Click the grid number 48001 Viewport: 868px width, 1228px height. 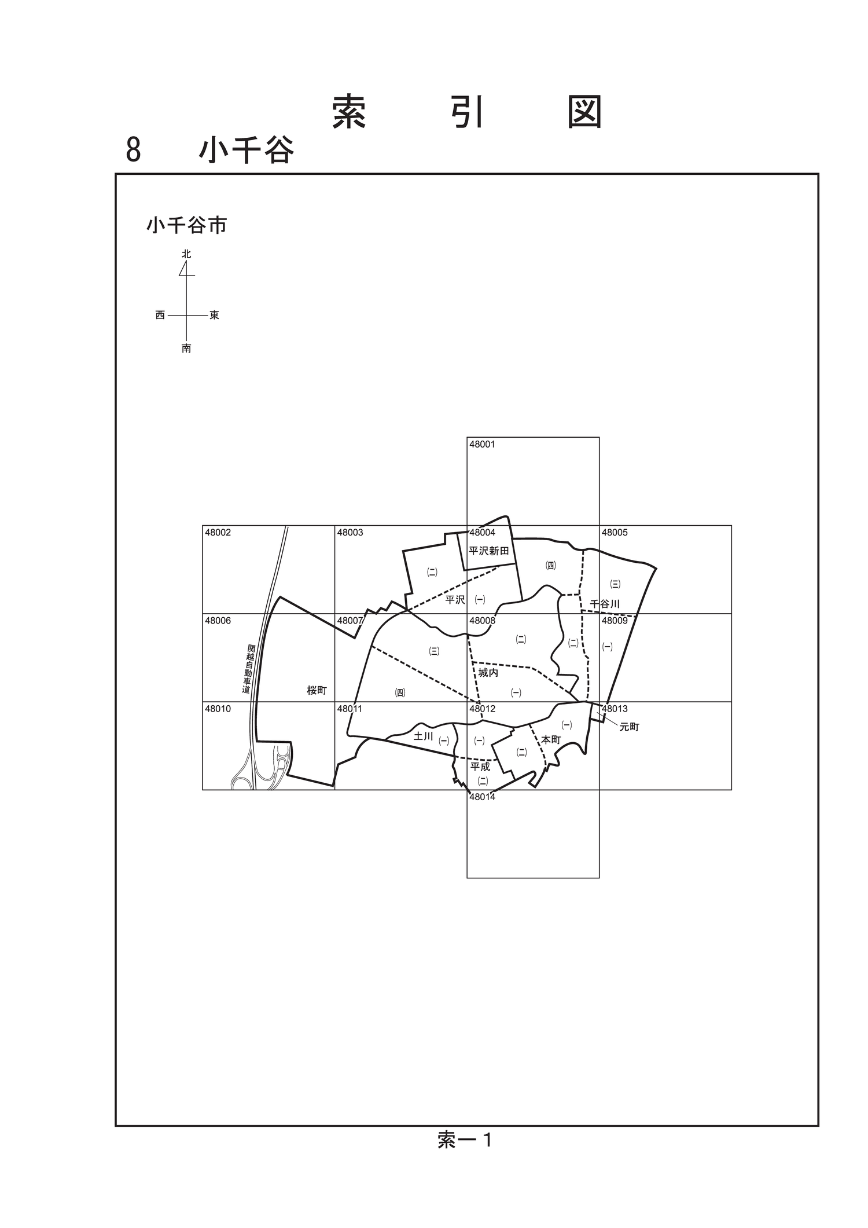pos(482,445)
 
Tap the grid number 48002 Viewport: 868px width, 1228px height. pos(218,533)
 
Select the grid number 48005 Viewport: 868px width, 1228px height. pos(615,533)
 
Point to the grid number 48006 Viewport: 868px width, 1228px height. pos(218,621)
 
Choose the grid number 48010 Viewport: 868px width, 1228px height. pos(218,709)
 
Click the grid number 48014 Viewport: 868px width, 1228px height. pos(482,797)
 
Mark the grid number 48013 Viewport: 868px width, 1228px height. pos(615,709)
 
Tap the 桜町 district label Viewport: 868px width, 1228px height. pos(317,690)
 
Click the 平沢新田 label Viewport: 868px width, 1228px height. pos(489,551)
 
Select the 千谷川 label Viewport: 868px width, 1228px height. pos(605,604)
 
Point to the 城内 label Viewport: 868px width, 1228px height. pos(488,673)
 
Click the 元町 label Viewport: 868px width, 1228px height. pos(630,727)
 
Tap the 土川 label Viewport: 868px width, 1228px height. pos(424,736)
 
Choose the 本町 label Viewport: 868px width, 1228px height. pos(551,739)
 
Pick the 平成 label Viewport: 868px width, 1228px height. pos(480,767)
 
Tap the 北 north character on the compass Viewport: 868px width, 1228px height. pos(186,254)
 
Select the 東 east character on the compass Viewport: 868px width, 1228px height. pos(214,315)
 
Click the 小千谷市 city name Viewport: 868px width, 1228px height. pos(186,225)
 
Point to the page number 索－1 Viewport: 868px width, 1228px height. pos(465,1140)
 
